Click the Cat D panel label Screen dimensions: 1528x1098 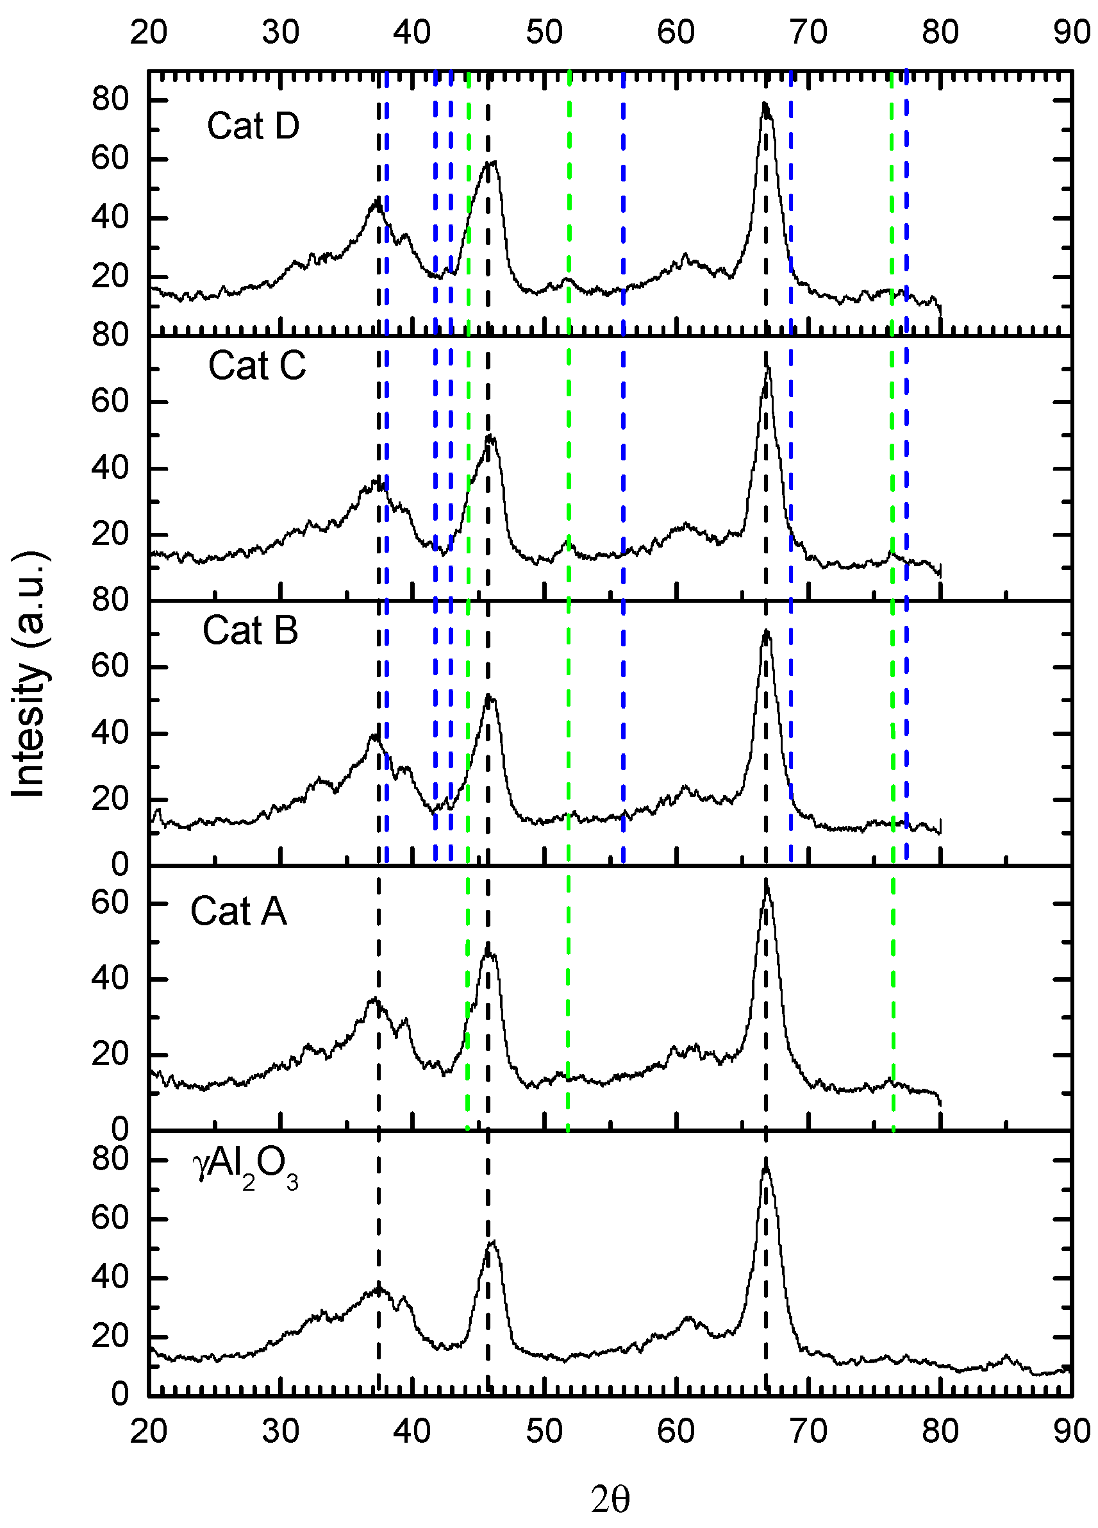tap(253, 126)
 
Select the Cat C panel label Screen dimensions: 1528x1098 tap(256, 366)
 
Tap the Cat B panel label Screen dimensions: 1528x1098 tap(250, 630)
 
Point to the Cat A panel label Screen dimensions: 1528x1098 tap(238, 912)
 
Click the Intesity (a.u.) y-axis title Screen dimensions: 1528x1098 tap(28, 674)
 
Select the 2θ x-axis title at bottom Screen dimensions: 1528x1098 tap(610, 1500)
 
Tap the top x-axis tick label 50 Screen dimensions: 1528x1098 tap(544, 31)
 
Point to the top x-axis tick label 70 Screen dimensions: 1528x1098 tap(808, 31)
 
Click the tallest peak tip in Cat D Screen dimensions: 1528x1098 tap(765, 103)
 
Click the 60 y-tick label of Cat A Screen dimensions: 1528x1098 tap(110, 902)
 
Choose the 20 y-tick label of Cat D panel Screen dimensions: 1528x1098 tap(110, 277)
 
